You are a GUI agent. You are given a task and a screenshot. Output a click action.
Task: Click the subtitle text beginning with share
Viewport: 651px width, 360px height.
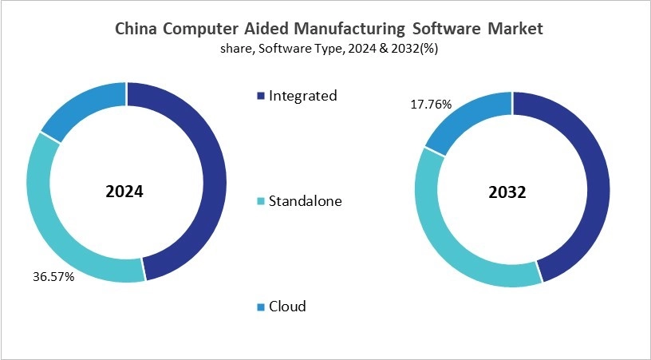pyautogui.click(x=329, y=49)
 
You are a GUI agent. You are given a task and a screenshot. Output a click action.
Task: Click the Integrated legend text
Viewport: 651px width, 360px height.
pyautogui.click(x=302, y=96)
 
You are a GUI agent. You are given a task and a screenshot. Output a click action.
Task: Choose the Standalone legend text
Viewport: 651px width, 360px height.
pyautogui.click(x=305, y=201)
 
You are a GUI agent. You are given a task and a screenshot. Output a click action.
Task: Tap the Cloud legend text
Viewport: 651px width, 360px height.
pyautogui.click(x=287, y=307)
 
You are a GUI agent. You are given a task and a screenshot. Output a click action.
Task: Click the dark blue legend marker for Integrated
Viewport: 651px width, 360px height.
pyautogui.click(x=260, y=97)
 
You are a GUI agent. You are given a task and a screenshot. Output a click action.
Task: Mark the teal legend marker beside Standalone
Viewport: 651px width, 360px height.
pyautogui.click(x=260, y=202)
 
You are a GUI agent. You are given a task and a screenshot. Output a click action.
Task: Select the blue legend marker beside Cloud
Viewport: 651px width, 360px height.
pyautogui.click(x=260, y=307)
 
